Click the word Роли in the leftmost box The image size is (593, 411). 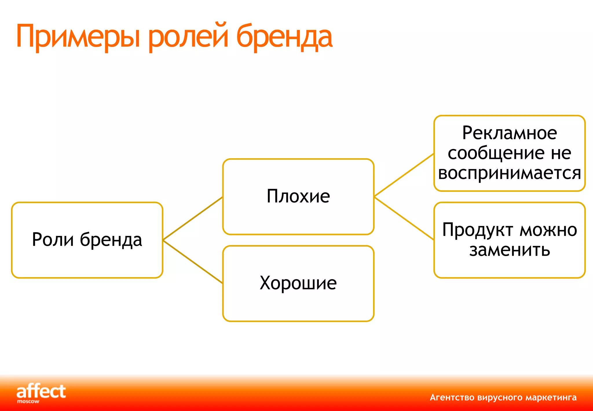click(x=53, y=240)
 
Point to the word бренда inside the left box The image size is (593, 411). click(x=111, y=240)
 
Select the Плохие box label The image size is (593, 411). click(x=298, y=197)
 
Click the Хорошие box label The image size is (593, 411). click(x=298, y=283)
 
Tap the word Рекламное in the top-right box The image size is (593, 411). click(x=509, y=133)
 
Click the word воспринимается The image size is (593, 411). click(x=509, y=173)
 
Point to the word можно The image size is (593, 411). click(x=548, y=230)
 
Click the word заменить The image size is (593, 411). click(x=509, y=250)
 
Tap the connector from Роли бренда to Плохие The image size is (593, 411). click(x=193, y=219)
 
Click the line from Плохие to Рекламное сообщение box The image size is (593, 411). click(x=404, y=175)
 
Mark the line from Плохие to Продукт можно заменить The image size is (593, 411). click(x=404, y=218)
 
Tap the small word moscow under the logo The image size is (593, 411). click(x=28, y=402)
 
